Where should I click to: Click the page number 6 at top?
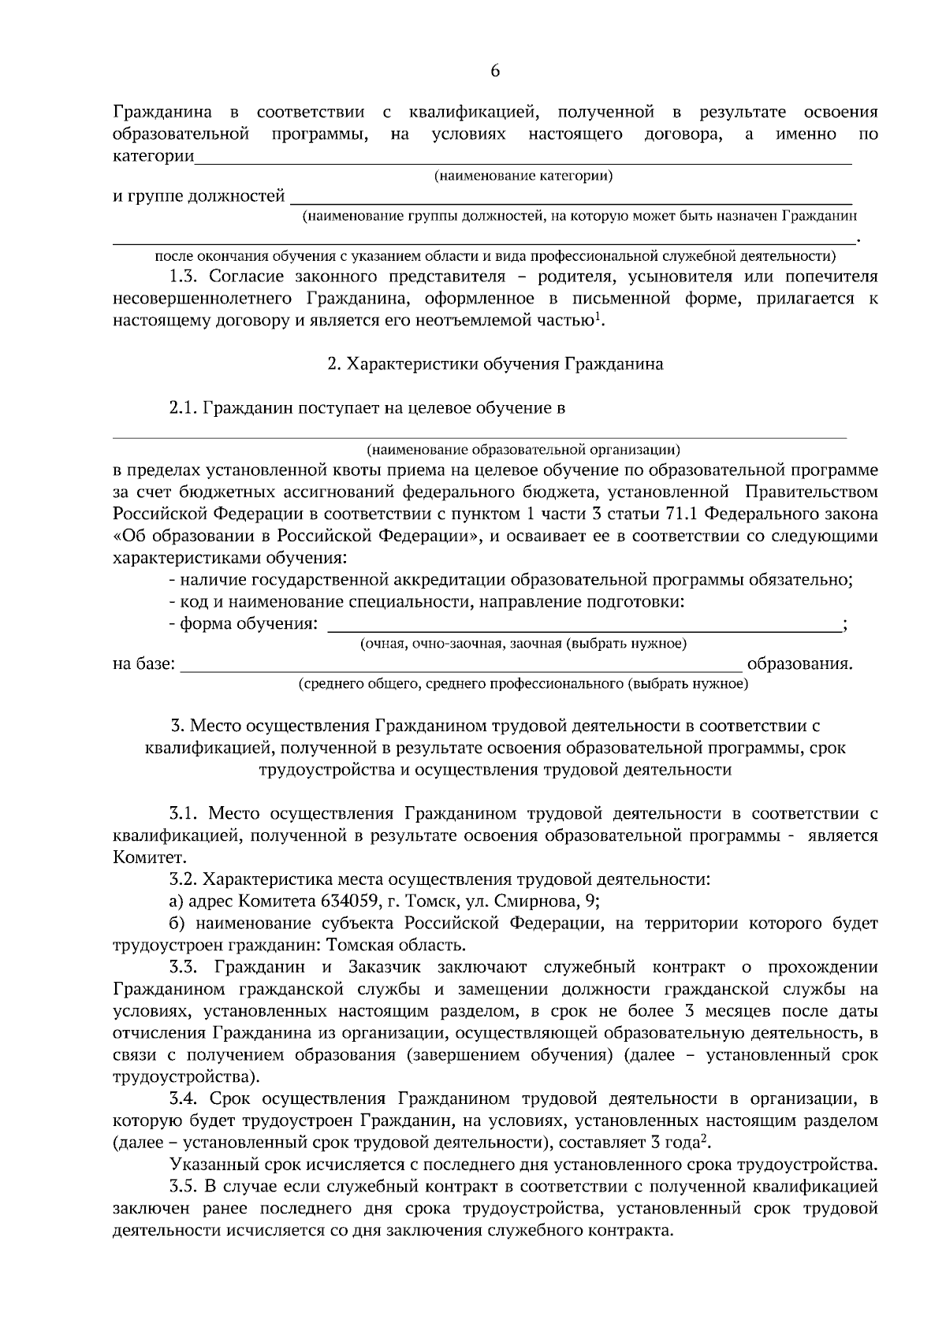point(495,71)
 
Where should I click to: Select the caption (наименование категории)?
point(523,176)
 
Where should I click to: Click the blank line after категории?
point(523,162)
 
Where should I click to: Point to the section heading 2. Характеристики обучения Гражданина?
point(495,364)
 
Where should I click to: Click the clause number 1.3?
point(188,277)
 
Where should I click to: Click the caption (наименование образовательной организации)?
point(523,450)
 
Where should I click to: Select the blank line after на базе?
point(461,671)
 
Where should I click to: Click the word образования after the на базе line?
point(799,664)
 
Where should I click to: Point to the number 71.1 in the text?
point(683,515)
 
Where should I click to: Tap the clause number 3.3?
point(188,967)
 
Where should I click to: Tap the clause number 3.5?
point(188,1186)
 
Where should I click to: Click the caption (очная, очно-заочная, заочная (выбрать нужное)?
point(523,644)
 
